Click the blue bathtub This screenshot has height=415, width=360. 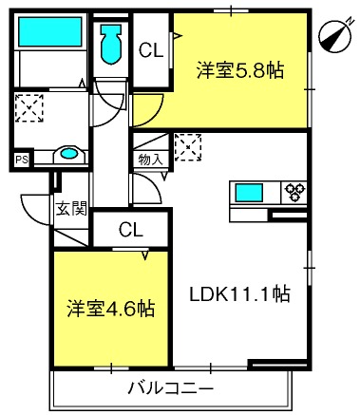pyautogui.click(x=50, y=31)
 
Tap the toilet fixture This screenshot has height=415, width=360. pyautogui.click(x=111, y=44)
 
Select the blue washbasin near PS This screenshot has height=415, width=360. pyautogui.click(x=69, y=154)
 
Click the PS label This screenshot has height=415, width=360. pyautogui.click(x=22, y=160)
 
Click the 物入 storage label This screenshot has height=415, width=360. pyautogui.click(x=151, y=160)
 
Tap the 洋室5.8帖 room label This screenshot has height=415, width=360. pyautogui.click(x=240, y=70)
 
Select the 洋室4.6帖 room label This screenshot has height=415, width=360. pyautogui.click(x=111, y=309)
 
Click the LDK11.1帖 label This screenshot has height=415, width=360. pyautogui.click(x=239, y=294)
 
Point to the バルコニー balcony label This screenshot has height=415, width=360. pyautogui.click(x=171, y=388)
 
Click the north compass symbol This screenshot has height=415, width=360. pyautogui.click(x=336, y=36)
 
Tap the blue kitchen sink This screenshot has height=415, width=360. pyautogui.click(x=249, y=193)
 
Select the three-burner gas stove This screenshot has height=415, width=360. pyautogui.click(x=294, y=193)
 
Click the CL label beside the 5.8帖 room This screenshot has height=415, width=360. pyautogui.click(x=151, y=50)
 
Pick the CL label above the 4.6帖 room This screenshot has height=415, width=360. pyautogui.click(x=131, y=230)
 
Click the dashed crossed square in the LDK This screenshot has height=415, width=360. pyautogui.click(x=188, y=147)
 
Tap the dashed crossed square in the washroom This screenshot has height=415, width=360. pyautogui.click(x=29, y=107)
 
